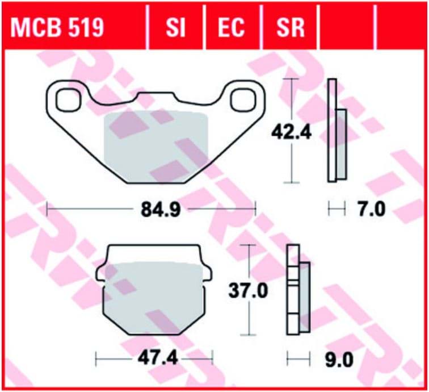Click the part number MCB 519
click(57, 27)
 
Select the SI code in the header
click(175, 27)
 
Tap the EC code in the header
click(231, 27)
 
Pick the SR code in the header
click(291, 27)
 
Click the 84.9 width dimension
click(161, 210)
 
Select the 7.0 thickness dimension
click(372, 210)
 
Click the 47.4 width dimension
click(158, 358)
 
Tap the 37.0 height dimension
click(249, 291)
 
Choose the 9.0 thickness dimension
click(339, 360)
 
